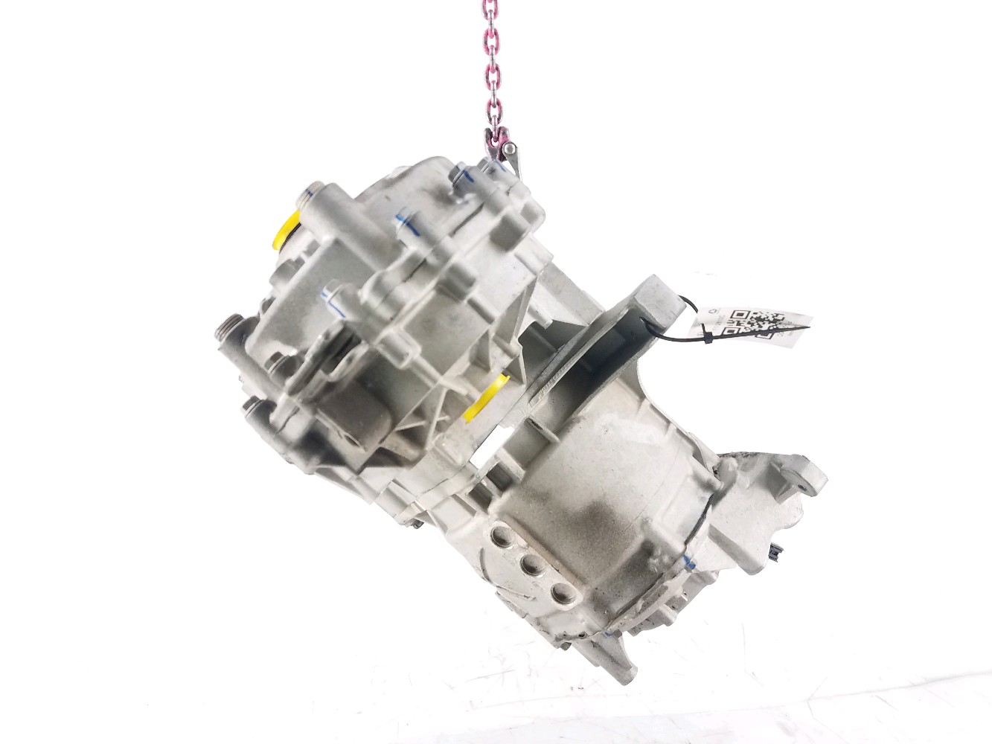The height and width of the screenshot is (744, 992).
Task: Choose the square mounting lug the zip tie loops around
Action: (655, 298)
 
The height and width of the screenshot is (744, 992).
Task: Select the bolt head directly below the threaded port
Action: (249, 408)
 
